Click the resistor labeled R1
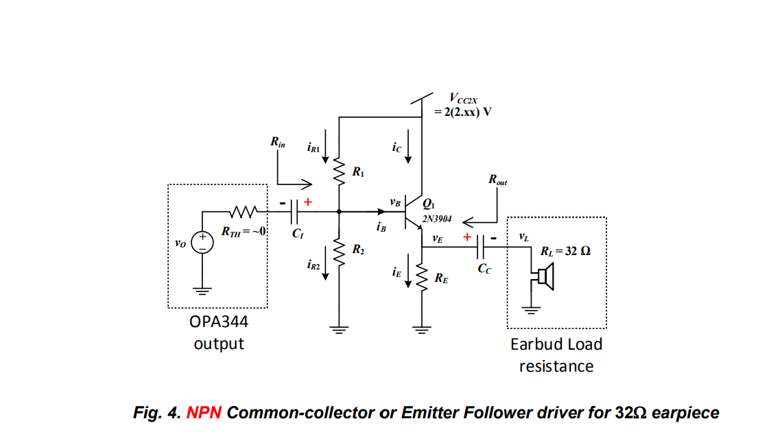tap(339, 171)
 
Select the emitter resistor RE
tap(421, 277)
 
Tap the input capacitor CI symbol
tap(296, 213)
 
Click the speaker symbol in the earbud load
tap(545, 277)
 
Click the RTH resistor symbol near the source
tap(244, 212)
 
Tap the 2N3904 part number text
tap(436, 219)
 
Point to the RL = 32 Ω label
tap(565, 251)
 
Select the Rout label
tap(498, 180)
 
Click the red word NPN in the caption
tap(204, 413)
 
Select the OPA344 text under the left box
tap(219, 322)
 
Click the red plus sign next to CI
tap(308, 202)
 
